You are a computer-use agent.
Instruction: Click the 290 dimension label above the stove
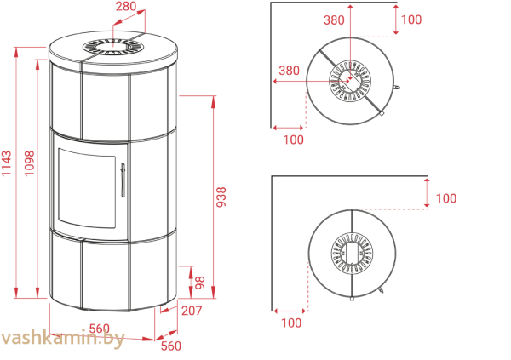click(126, 6)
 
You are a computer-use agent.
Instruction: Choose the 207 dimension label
click(192, 311)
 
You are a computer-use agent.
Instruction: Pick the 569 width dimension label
click(100, 328)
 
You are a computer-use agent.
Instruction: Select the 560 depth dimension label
click(171, 345)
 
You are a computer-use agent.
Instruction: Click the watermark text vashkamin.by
click(63, 340)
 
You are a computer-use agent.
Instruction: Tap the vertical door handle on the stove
click(124, 179)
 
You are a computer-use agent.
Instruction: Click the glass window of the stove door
click(86, 187)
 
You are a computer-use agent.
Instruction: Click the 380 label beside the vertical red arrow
click(334, 20)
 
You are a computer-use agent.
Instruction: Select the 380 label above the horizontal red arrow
click(290, 71)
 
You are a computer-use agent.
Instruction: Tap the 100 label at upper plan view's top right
click(411, 20)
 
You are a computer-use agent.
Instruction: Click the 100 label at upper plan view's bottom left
click(293, 139)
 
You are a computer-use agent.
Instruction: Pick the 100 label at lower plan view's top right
click(445, 198)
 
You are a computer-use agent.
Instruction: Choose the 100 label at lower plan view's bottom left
click(291, 323)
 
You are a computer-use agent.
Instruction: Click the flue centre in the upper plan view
click(349, 82)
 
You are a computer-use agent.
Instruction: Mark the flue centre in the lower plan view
click(350, 253)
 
